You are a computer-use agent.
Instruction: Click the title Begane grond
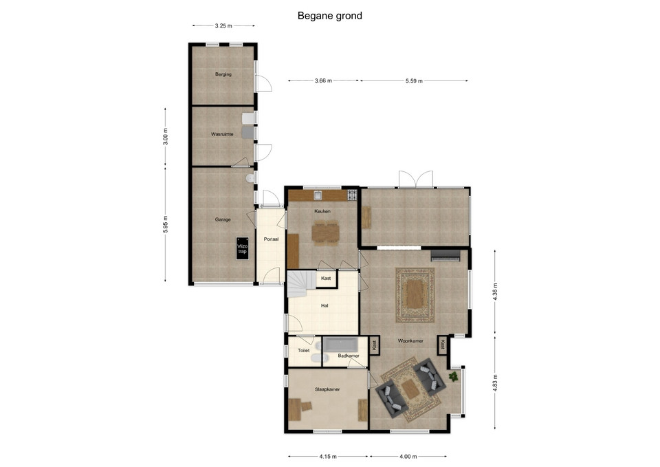coord(329,16)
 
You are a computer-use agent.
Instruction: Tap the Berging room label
coord(223,74)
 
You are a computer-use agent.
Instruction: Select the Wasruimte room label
coord(222,134)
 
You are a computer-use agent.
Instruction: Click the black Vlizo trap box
coord(242,248)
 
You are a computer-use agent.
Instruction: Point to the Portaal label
coord(271,239)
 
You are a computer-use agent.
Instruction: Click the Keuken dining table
coord(325,232)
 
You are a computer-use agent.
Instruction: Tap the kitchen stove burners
coord(352,195)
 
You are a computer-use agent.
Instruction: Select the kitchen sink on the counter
coord(318,195)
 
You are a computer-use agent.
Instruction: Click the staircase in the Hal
coord(301,284)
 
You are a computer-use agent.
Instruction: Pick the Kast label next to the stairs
coord(326,279)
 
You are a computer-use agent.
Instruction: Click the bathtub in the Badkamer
coord(341,345)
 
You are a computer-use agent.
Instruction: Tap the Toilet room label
coord(303,350)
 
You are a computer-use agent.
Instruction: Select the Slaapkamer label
coord(327,389)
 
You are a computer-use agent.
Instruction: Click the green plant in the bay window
coord(454,376)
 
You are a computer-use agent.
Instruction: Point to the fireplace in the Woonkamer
coord(445,255)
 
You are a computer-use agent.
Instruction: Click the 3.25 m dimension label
coord(223,25)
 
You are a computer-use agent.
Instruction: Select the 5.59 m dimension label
coord(414,81)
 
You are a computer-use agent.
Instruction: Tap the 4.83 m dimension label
coord(495,383)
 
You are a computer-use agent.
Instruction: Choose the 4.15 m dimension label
coord(328,456)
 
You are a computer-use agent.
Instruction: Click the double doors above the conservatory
coord(416,179)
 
